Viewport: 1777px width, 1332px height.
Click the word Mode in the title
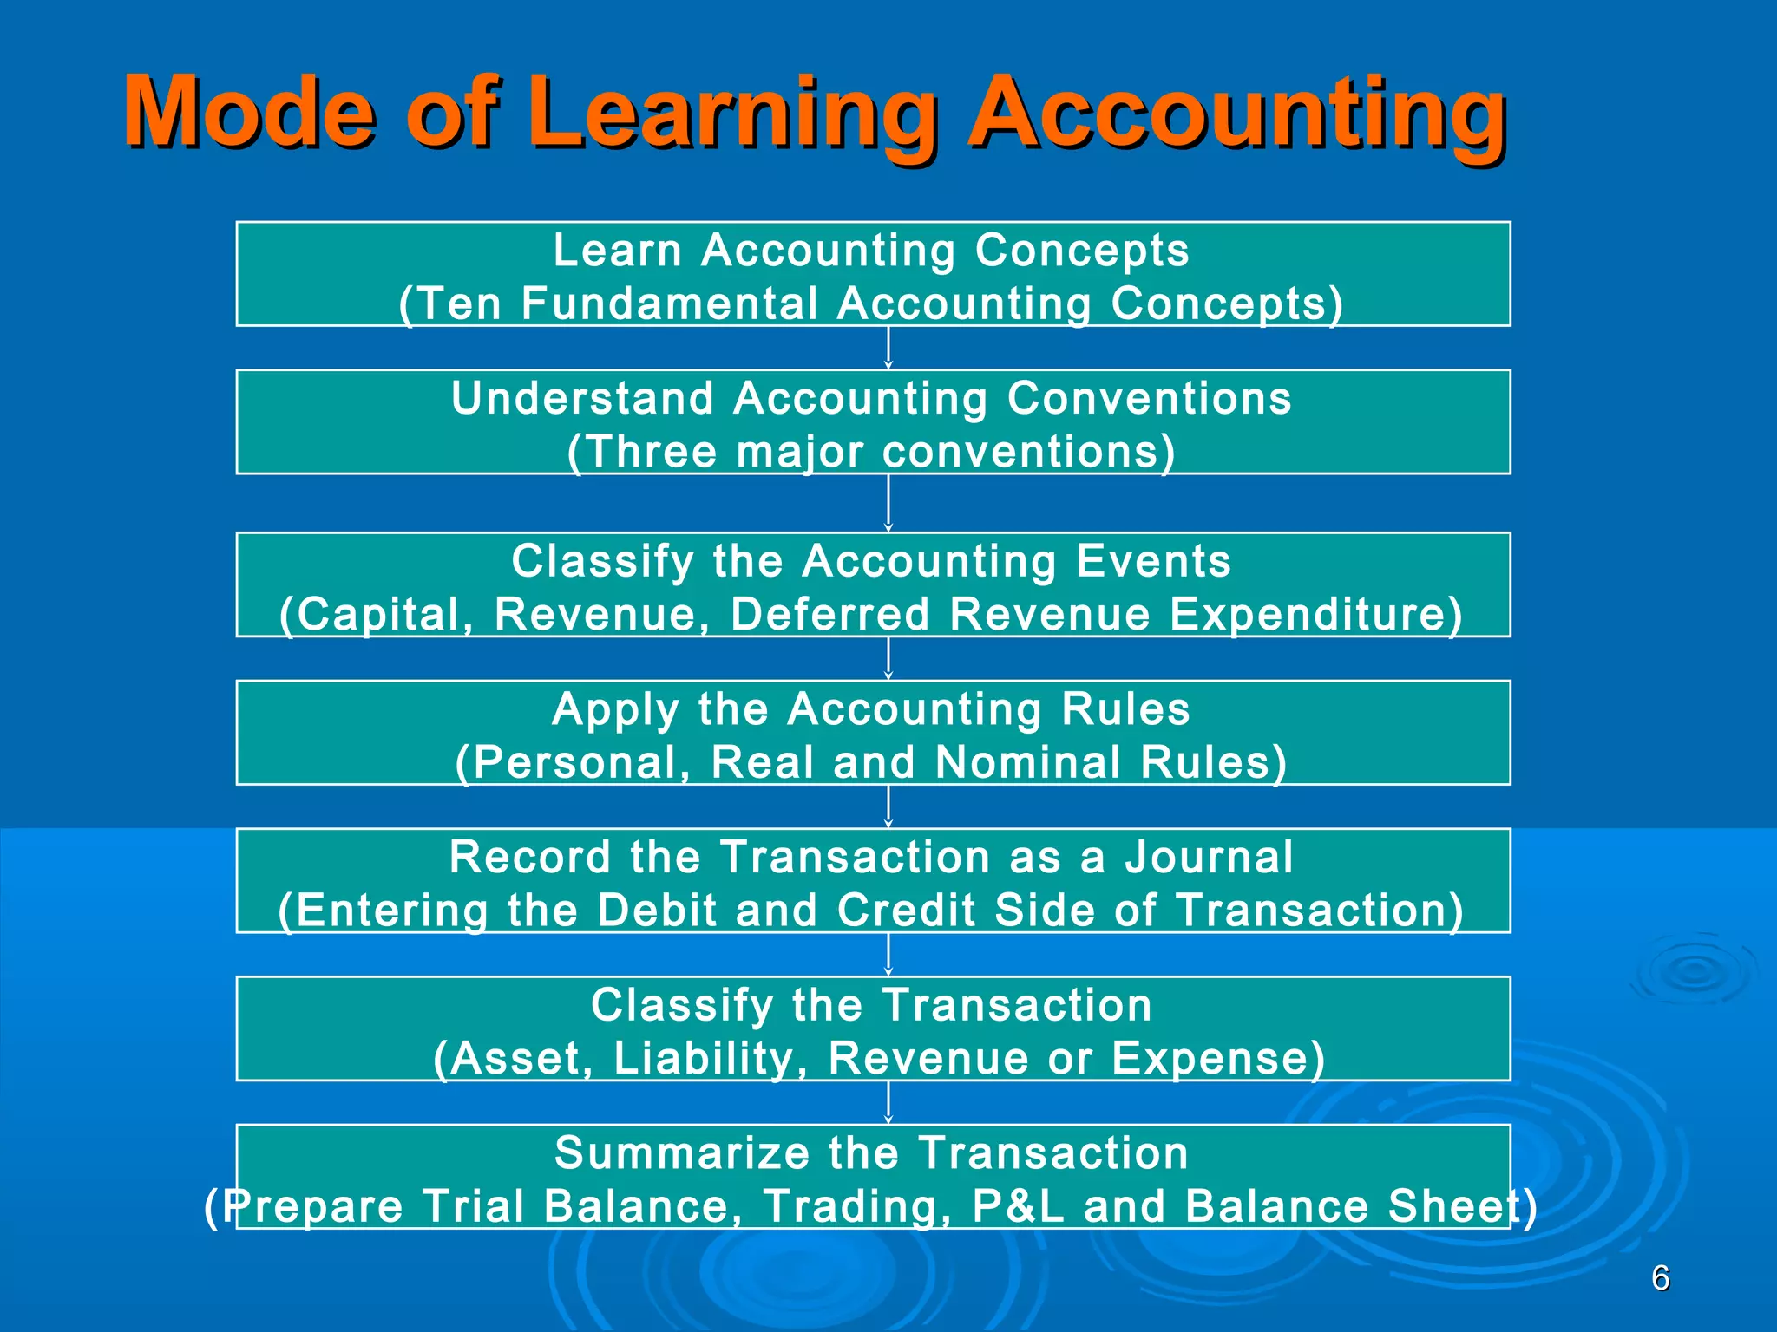point(250,113)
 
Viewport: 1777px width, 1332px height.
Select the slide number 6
point(1660,1278)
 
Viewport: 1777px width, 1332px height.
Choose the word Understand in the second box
point(582,399)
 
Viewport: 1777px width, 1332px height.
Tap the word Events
point(1153,561)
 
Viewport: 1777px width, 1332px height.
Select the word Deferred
point(830,615)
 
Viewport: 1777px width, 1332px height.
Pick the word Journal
point(1209,858)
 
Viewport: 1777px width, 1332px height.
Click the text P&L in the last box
point(1018,1207)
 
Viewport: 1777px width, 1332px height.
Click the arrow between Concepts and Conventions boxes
point(888,348)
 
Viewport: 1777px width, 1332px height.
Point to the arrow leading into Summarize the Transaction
point(888,1102)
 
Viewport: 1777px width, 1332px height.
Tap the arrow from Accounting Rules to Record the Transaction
point(888,806)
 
